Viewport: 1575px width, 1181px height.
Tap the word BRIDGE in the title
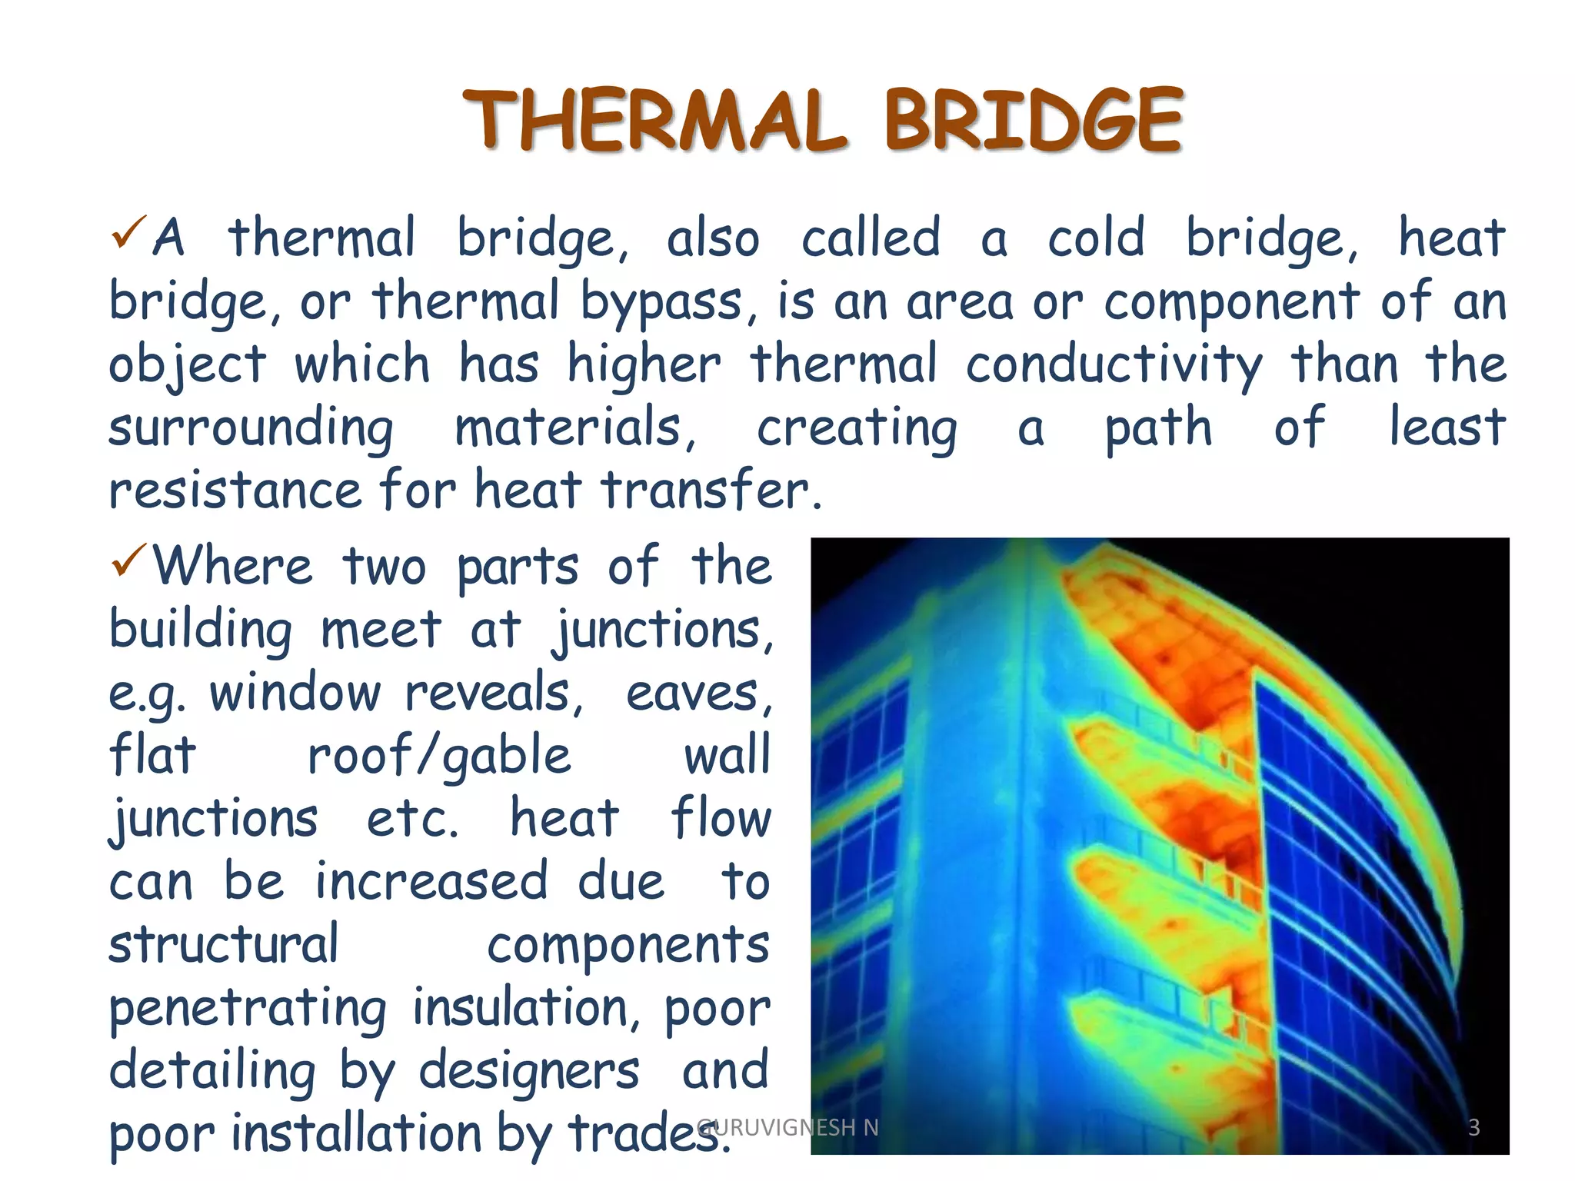coord(1033,121)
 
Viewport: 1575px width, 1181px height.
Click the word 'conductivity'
coord(1114,364)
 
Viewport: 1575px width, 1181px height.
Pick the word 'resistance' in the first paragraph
coord(235,491)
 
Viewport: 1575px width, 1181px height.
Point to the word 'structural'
coord(223,945)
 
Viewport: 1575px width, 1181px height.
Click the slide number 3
coord(1473,1127)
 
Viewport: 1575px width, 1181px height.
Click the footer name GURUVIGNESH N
coord(787,1127)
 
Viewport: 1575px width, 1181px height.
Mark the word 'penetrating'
coord(248,1008)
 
